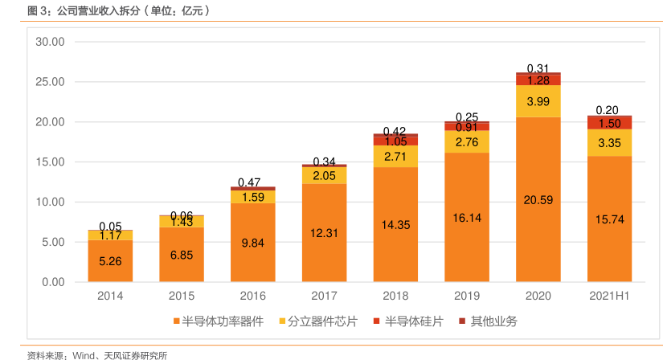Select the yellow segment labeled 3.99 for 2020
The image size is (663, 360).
point(538,101)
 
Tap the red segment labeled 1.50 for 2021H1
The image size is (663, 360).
point(608,123)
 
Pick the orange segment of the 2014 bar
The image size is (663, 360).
point(111,260)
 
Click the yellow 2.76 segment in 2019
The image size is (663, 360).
point(467,142)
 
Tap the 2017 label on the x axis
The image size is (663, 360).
point(323,297)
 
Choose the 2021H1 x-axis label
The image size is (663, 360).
point(608,297)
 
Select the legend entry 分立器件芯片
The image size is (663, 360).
point(320,321)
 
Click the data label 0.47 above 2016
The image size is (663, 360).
point(252,182)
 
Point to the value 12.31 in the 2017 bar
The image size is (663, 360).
point(324,233)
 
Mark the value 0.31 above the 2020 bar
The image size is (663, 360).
point(538,68)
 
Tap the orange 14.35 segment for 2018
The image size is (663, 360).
point(395,225)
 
